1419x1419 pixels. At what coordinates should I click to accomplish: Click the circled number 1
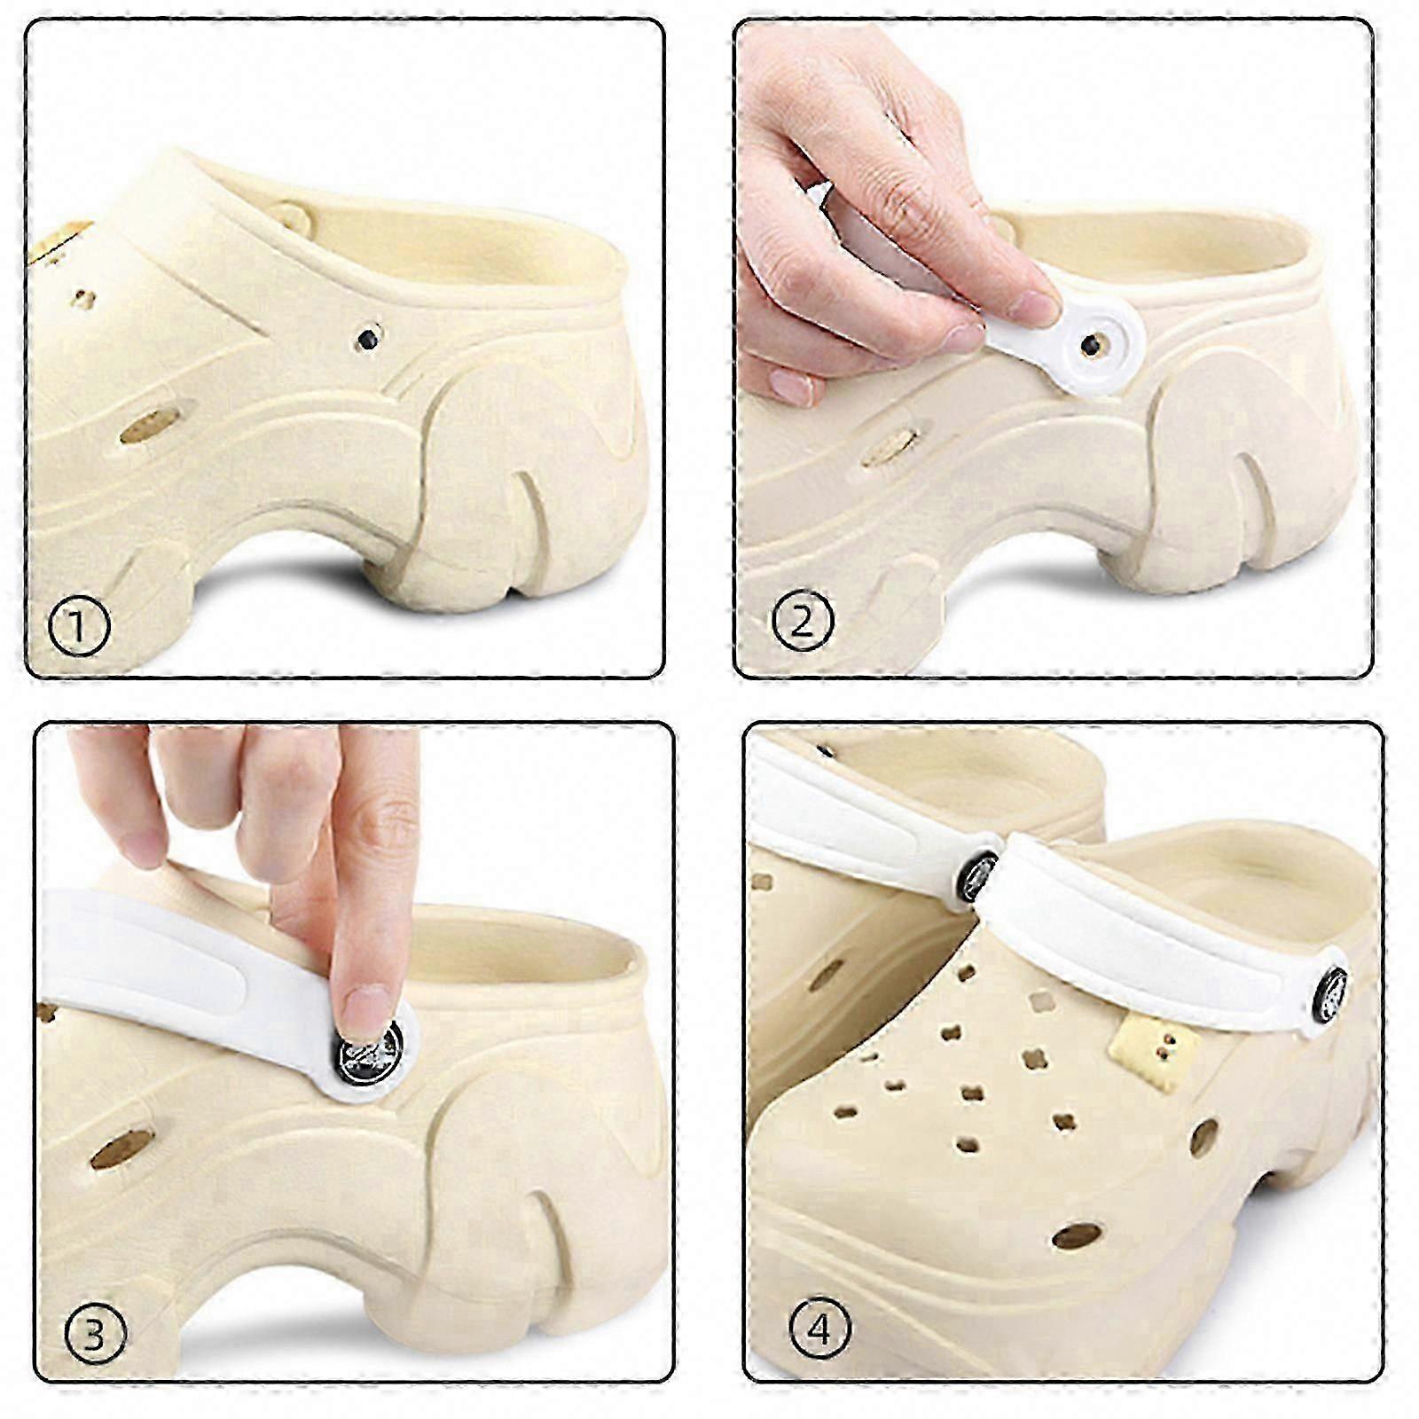tap(78, 626)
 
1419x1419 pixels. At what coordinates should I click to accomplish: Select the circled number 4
tap(819, 1329)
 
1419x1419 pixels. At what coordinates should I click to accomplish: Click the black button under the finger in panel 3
tap(369, 1053)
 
